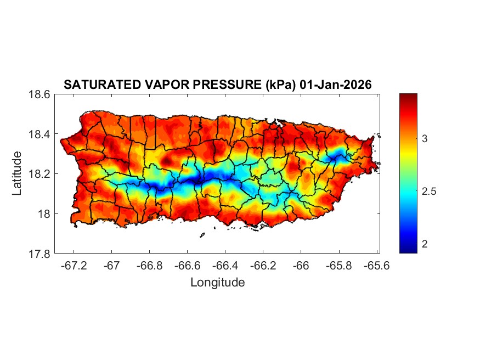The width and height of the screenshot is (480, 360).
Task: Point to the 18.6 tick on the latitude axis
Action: coord(40,94)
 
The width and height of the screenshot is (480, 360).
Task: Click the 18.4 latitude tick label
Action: coord(40,134)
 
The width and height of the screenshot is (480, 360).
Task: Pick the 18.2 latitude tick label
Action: coord(40,174)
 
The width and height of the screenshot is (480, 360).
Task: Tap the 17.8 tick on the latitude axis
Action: coord(40,254)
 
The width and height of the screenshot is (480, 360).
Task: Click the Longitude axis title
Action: coord(217,283)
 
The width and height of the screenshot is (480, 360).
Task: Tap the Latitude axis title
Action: coord(17,173)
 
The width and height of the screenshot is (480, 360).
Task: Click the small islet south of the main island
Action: coord(202,235)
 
